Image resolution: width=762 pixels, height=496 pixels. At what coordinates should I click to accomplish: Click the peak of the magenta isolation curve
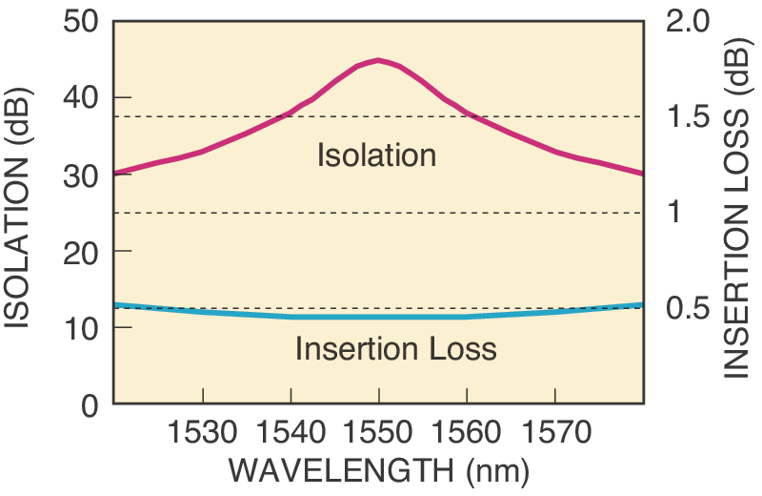(379, 60)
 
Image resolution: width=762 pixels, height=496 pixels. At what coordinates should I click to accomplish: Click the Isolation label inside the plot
(376, 155)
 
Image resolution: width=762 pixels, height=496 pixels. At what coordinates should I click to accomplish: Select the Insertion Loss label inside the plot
(395, 348)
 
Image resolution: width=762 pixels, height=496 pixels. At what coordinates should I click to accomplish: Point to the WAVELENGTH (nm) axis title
(379, 471)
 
